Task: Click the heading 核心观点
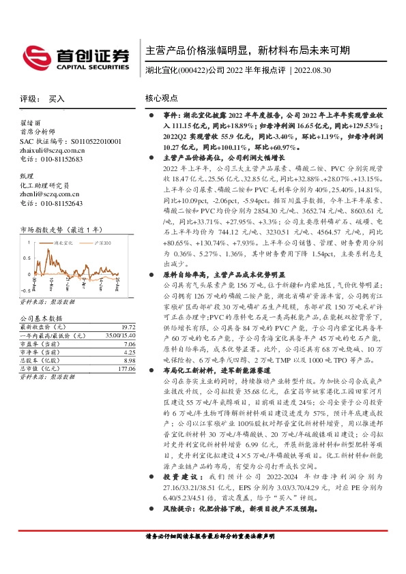(162, 99)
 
